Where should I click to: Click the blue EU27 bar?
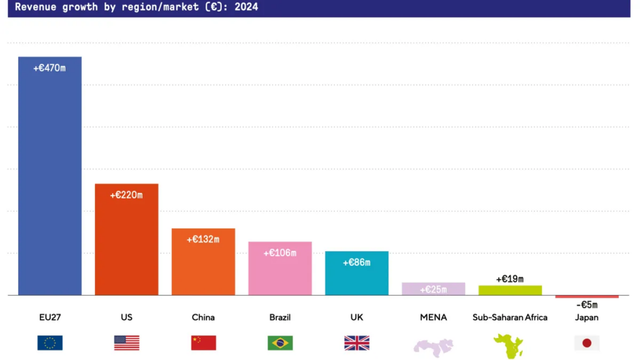click(x=49, y=181)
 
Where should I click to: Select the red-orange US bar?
click(x=126, y=244)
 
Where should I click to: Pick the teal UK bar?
click(x=356, y=278)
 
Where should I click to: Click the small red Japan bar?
click(x=586, y=296)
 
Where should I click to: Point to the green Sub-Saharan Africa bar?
click(x=510, y=290)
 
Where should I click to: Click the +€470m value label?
click(x=49, y=68)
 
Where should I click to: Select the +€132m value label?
click(x=203, y=239)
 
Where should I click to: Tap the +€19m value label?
click(x=509, y=279)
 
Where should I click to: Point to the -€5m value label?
click(x=586, y=305)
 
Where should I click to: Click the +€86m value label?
click(x=356, y=262)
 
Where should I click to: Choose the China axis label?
click(x=203, y=317)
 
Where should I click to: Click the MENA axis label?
click(x=433, y=317)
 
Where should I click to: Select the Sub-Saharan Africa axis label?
click(x=510, y=317)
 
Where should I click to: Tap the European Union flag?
click(x=50, y=342)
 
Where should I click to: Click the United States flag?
click(x=126, y=342)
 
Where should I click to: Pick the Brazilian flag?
click(x=280, y=342)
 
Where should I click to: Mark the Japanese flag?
click(x=586, y=342)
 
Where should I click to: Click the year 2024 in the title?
click(x=245, y=7)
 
